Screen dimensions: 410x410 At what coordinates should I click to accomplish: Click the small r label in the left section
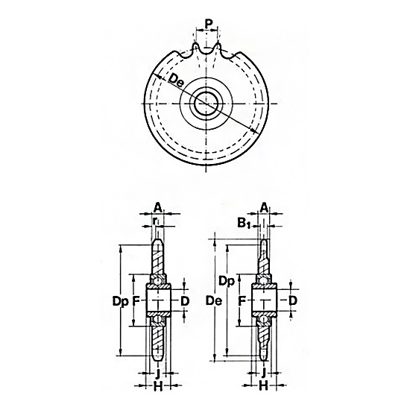(155, 221)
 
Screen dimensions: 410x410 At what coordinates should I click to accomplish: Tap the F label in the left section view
(136, 301)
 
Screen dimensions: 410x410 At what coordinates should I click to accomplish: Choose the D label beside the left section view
(185, 300)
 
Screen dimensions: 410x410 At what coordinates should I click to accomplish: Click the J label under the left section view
(158, 370)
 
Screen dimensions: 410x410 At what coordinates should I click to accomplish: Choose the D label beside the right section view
(293, 300)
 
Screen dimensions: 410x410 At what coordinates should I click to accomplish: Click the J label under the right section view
(265, 370)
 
